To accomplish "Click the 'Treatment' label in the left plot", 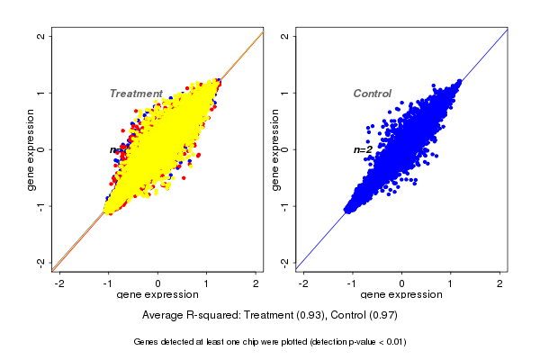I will [136, 94].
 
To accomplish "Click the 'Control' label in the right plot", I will [372, 94].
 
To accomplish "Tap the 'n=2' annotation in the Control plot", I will [363, 149].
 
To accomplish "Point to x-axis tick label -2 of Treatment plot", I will [59, 283].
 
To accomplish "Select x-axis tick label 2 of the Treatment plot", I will [256, 283].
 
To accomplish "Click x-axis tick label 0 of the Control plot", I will [402, 283].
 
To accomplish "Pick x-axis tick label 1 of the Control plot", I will [452, 283].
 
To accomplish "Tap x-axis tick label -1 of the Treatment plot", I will [109, 283].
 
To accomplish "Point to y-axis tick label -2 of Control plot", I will [285, 262].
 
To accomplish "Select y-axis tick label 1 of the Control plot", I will [285, 93].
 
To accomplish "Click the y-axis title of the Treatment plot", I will [31, 149].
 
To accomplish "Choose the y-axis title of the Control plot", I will [274, 149].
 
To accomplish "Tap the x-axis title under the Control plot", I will [402, 295].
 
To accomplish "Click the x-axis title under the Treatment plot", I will [158, 295].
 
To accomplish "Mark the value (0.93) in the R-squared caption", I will [310, 316].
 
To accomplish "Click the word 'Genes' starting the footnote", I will [147, 342].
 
